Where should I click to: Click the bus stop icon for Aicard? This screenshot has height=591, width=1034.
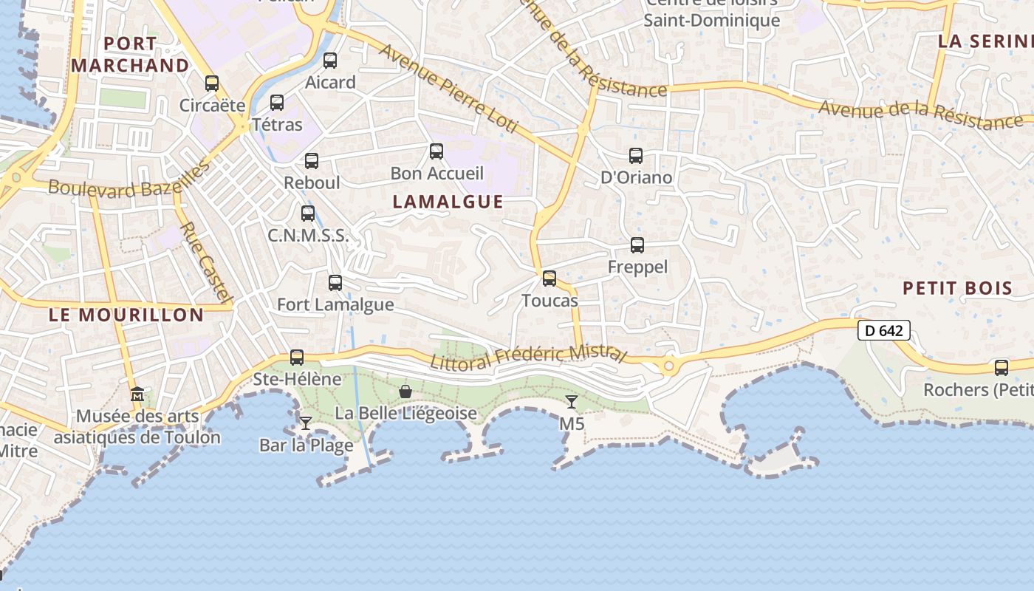[x=330, y=61]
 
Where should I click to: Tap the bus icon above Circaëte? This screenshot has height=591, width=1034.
[x=212, y=83]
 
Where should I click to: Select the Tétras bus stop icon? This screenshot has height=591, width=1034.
[x=277, y=103]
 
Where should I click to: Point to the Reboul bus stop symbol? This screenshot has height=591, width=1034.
[x=312, y=160]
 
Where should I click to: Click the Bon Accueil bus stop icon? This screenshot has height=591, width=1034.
[x=436, y=151]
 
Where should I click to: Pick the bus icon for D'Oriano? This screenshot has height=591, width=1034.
[x=636, y=156]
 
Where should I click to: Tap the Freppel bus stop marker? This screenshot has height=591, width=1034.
[x=637, y=245]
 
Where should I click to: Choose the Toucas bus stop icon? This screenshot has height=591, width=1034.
[x=549, y=279]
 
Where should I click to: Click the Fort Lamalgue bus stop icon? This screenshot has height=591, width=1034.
[x=335, y=282]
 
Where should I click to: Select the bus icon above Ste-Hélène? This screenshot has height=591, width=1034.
[x=297, y=358]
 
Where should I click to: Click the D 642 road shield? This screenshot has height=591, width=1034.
[x=883, y=330]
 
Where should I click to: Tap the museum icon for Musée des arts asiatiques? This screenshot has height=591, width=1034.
[x=137, y=394]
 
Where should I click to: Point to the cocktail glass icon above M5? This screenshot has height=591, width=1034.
[x=572, y=401]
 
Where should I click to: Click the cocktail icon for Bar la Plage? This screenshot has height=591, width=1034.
[x=306, y=423]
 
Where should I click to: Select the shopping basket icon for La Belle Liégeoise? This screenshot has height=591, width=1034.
[x=405, y=391]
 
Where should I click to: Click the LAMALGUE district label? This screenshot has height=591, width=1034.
[x=448, y=202]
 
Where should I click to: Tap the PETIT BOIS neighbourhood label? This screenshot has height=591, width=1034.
[x=957, y=288]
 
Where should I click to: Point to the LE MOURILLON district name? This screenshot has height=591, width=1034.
[x=126, y=315]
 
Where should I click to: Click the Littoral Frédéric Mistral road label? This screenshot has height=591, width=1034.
[x=528, y=355]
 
